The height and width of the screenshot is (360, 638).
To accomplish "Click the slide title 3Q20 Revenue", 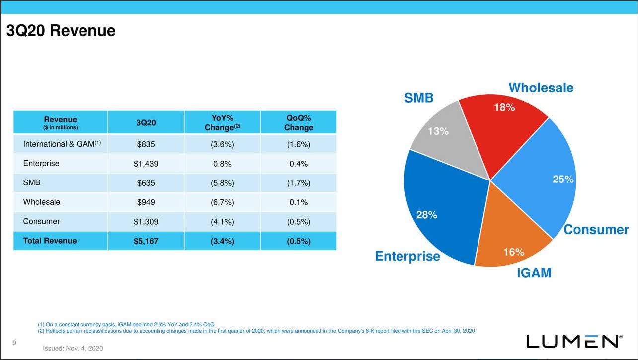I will pyautogui.click(x=61, y=31).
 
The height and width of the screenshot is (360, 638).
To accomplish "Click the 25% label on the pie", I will pyautogui.click(x=563, y=180).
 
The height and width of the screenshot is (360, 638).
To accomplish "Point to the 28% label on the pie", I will pyautogui.click(x=426, y=215).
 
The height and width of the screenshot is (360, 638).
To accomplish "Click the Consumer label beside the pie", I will pyautogui.click(x=596, y=230).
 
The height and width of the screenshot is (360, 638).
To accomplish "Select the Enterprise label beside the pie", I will pyautogui.click(x=407, y=256).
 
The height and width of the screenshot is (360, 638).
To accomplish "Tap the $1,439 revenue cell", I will pyautogui.click(x=146, y=164).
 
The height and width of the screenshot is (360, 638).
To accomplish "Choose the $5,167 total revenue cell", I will pyautogui.click(x=146, y=241).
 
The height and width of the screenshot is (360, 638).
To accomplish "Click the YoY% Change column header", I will pyautogui.click(x=222, y=123).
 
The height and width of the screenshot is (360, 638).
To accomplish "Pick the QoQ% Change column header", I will pyautogui.click(x=299, y=123).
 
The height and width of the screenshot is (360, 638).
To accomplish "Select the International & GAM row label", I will pyautogui.click(x=62, y=144).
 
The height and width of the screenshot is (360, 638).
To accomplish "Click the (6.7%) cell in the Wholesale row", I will pyautogui.click(x=222, y=202).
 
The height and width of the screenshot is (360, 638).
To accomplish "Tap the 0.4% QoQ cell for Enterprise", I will pyautogui.click(x=299, y=164).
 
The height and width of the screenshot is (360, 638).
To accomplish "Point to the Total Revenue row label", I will pyautogui.click(x=50, y=241).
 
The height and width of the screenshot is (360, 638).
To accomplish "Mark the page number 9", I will pyautogui.click(x=14, y=343).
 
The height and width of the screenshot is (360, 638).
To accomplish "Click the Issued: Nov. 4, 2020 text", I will pyautogui.click(x=73, y=349).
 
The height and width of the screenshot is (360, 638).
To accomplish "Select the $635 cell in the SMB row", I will pyautogui.click(x=146, y=183).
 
